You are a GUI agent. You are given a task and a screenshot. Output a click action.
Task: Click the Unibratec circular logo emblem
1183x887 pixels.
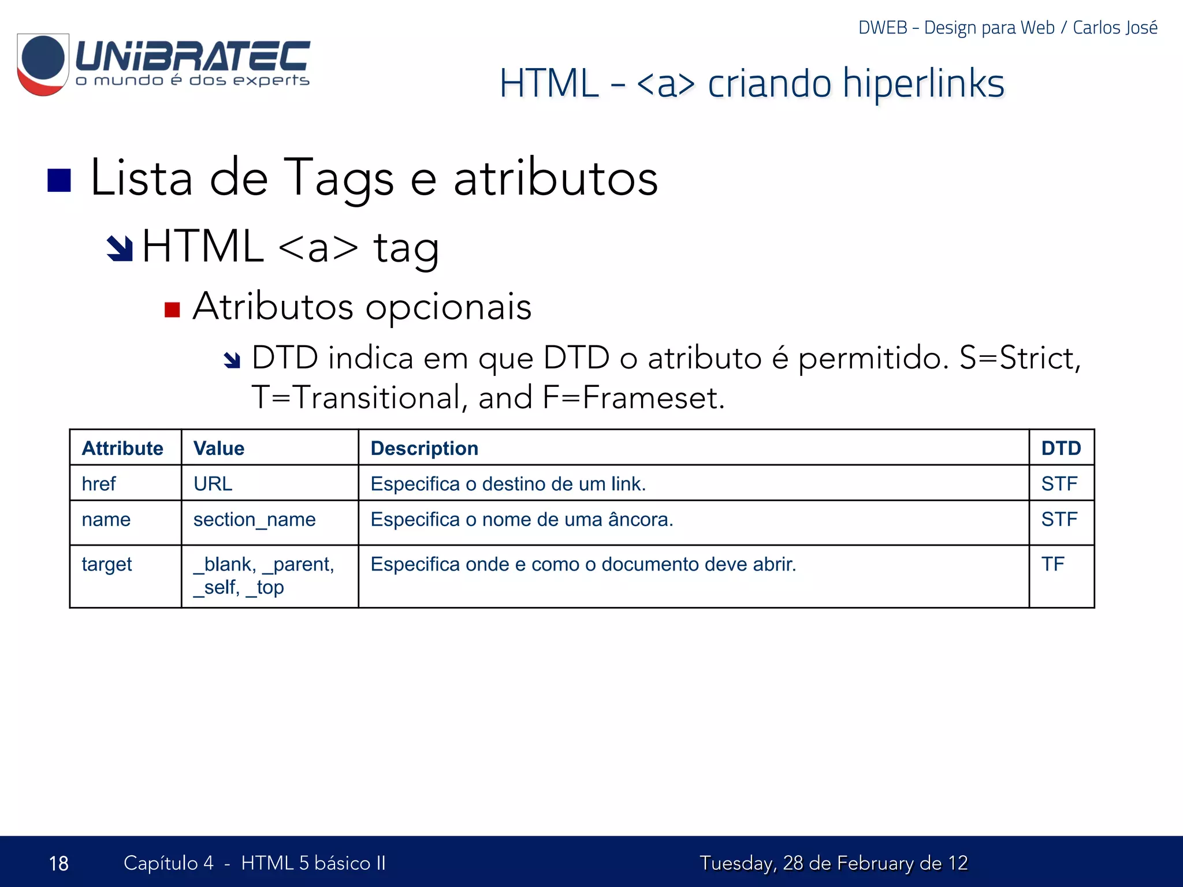click(43, 64)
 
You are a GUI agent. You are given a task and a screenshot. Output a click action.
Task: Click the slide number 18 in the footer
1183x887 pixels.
click(58, 863)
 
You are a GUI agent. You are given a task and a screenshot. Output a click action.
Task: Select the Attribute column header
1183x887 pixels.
click(122, 448)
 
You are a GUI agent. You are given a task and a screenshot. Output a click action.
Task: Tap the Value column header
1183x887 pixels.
click(219, 448)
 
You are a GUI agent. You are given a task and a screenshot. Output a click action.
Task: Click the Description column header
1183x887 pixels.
click(424, 448)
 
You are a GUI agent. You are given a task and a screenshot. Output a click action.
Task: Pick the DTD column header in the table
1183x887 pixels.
click(1061, 448)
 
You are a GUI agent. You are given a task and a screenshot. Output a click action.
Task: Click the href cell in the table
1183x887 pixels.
click(99, 483)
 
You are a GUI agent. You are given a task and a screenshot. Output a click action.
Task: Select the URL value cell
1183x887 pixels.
click(213, 483)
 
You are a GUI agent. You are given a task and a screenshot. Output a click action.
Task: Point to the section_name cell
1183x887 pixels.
click(254, 519)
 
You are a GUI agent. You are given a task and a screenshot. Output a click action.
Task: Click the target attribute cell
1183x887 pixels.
click(107, 564)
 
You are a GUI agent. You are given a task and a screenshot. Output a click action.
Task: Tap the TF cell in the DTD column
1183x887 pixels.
click(1052, 564)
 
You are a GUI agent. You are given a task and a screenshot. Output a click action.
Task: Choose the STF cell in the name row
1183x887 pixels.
click(1059, 519)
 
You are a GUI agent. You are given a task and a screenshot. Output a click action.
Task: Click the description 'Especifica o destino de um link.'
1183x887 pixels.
click(508, 483)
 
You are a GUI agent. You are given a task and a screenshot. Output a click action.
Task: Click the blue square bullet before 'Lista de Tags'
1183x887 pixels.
click(59, 180)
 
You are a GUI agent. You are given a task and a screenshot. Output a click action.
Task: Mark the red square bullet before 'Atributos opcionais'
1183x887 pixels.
click(172, 310)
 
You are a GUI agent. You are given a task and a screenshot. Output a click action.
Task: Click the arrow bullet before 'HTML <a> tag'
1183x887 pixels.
click(120, 248)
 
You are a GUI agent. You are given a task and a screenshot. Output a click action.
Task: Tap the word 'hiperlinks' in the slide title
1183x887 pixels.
click(923, 84)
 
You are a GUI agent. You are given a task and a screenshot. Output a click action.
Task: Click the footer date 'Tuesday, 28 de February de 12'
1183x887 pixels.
click(833, 863)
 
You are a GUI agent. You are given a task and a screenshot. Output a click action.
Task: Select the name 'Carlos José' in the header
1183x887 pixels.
click(1115, 28)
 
